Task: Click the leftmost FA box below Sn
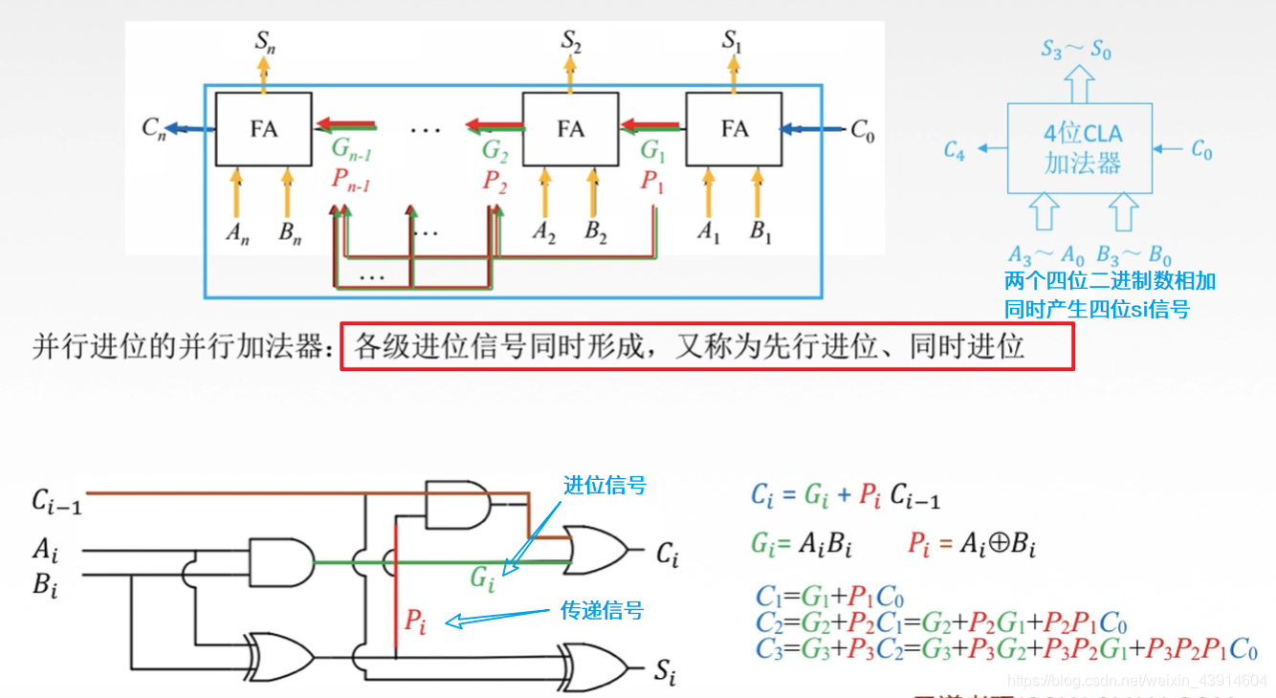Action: point(263,128)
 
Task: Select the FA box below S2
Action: point(571,128)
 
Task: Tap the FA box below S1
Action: point(734,128)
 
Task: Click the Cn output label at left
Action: point(154,128)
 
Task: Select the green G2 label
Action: point(495,150)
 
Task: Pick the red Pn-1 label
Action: point(350,179)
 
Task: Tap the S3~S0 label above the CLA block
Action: point(1077,50)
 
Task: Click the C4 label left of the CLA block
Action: point(954,150)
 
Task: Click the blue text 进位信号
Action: point(604,486)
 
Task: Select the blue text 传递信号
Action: point(601,611)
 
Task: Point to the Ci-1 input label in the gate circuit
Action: point(56,501)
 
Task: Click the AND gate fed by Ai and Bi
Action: point(280,561)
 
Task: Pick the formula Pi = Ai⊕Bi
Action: point(972,546)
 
